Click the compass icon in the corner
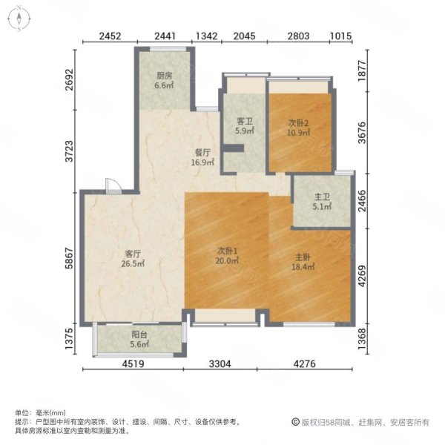tap(19, 19)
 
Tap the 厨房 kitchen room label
tap(165, 80)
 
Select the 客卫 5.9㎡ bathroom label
tap(244, 126)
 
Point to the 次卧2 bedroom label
tap(298, 123)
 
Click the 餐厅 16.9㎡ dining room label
tap(202, 157)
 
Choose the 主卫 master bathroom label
tap(322, 197)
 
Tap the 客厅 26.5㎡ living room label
tap(133, 259)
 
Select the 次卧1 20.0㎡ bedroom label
tap(227, 255)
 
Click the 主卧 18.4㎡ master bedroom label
tap(303, 262)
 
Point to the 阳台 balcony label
tap(139, 334)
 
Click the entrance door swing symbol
tap(113, 186)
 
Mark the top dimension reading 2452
tap(110, 36)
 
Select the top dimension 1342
tap(207, 36)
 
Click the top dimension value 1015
tap(340, 36)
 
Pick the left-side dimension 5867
tap(69, 258)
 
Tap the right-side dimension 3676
tap(362, 133)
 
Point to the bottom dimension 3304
tap(220, 364)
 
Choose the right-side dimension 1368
tap(362, 339)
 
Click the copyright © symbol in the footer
tap(295, 422)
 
